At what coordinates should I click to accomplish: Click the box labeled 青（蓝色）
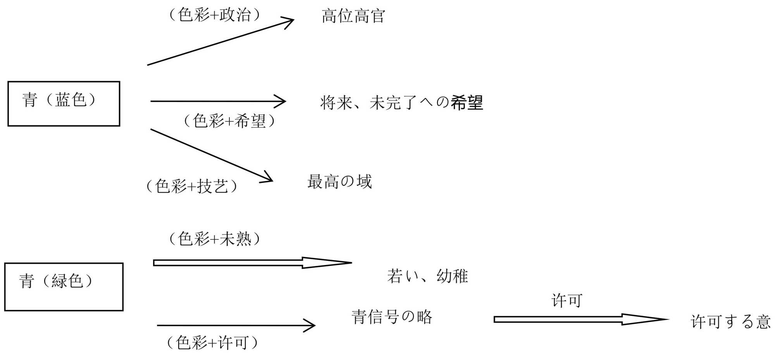point(64,103)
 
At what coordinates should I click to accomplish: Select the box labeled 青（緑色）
point(64,287)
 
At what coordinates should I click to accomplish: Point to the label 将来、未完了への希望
point(401,103)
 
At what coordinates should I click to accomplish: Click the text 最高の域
point(339,182)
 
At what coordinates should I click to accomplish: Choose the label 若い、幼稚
point(427,276)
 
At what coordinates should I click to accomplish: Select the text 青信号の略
point(392,317)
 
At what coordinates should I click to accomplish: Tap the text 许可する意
point(730,322)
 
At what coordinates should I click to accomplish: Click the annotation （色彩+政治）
point(215,15)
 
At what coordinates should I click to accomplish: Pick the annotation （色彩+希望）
point(229,121)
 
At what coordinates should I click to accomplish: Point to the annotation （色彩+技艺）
point(192,186)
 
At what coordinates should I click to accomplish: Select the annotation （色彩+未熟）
point(215,239)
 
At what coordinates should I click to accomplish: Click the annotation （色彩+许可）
point(212,343)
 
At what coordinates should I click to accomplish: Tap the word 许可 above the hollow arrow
point(567,301)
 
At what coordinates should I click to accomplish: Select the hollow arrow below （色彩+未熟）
point(252,263)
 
